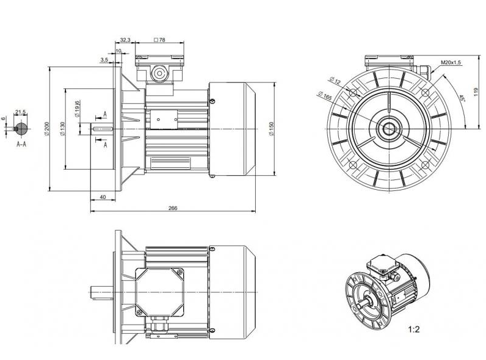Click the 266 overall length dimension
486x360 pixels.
click(172, 207)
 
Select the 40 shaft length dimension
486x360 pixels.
click(103, 196)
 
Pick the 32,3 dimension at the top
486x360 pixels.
click(125, 40)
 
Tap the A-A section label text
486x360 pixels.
click(21, 144)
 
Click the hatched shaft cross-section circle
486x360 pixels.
click(21, 128)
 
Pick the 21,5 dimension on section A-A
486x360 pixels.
click(21, 112)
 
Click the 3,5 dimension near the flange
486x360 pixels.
click(104, 60)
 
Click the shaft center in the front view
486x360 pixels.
click(388, 128)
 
